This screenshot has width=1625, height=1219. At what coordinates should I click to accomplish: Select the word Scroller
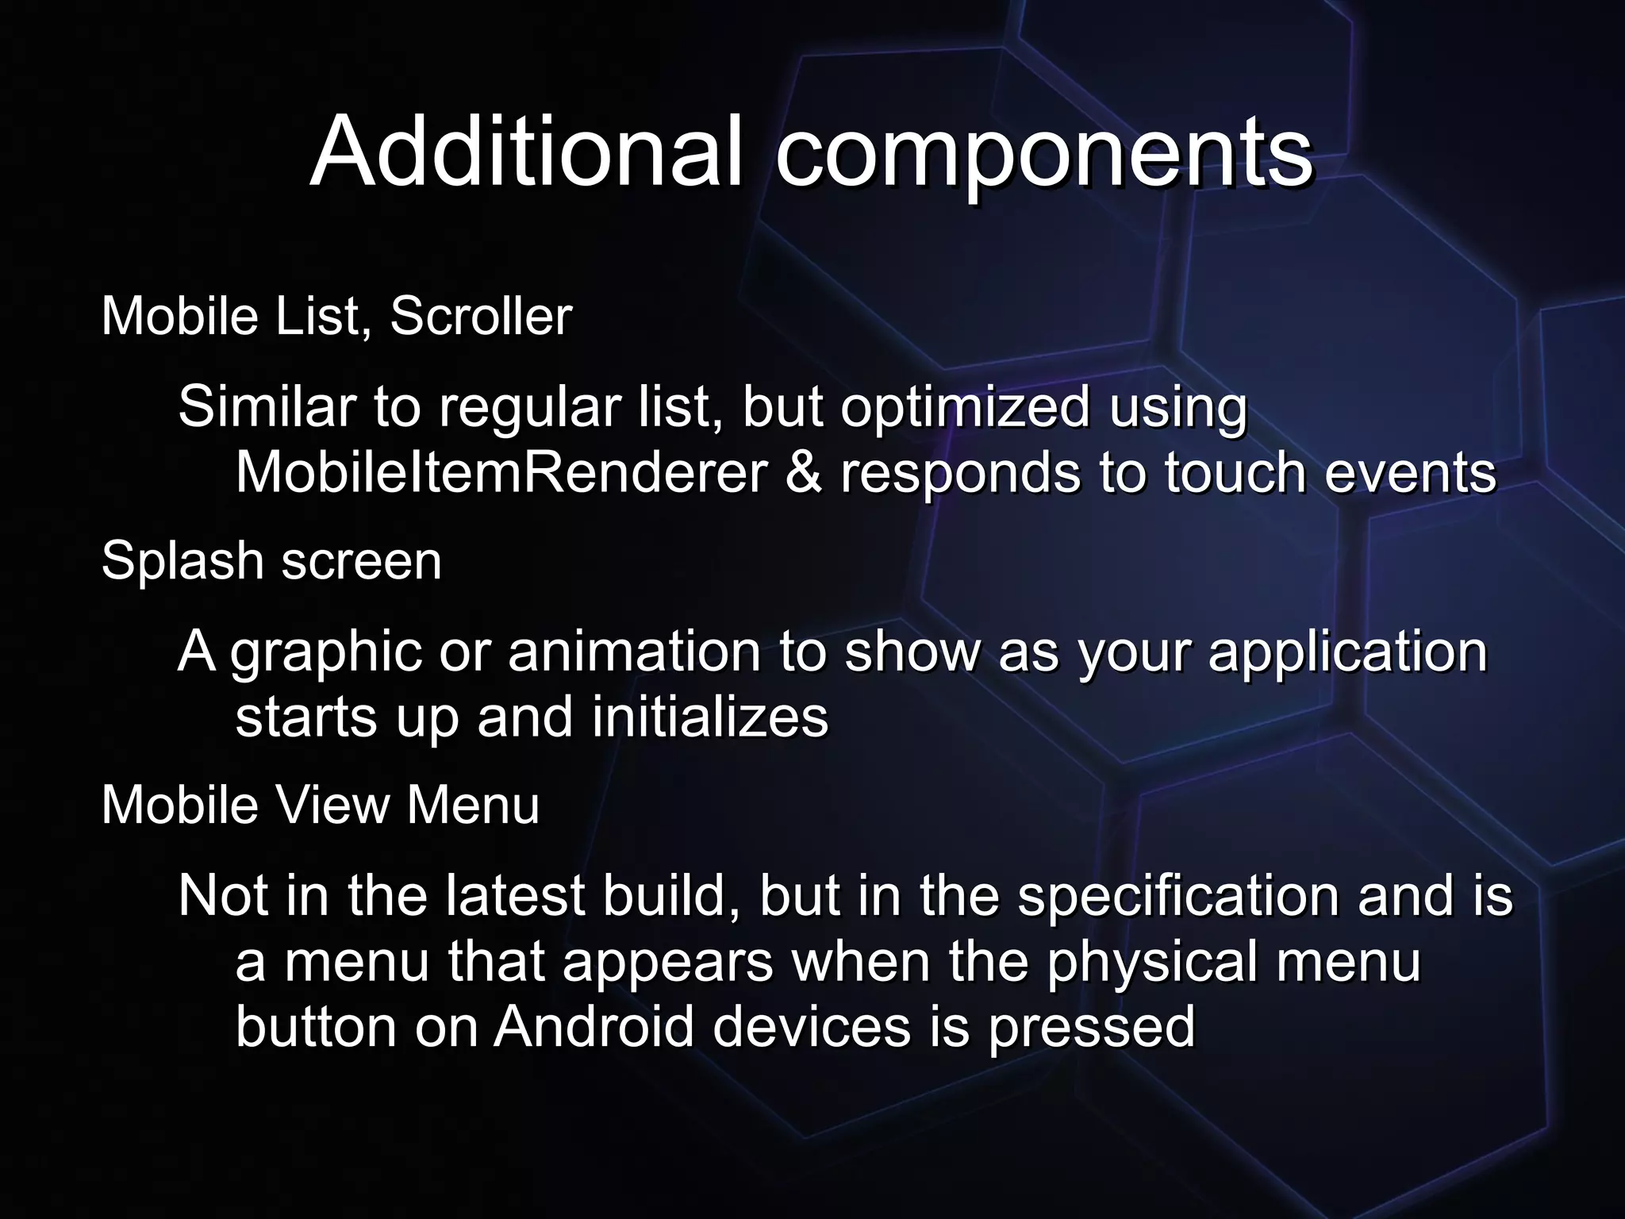481,316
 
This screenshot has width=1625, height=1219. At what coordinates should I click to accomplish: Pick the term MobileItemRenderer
501,473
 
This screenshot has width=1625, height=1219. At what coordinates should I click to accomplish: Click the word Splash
182,560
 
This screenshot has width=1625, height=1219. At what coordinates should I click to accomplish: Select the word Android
594,1026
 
